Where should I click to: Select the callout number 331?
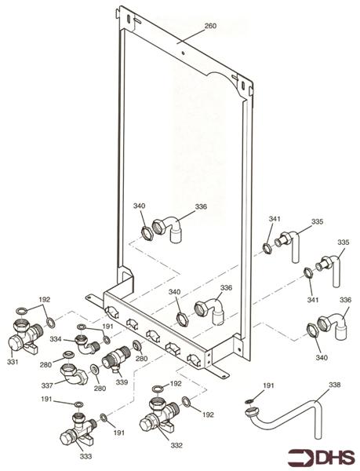tap(13, 362)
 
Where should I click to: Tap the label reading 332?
tap(176, 445)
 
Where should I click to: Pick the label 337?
tap(46, 385)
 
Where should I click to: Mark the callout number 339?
tap(121, 382)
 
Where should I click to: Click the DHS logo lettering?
tap(336, 455)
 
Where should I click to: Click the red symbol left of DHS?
tap(300, 455)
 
